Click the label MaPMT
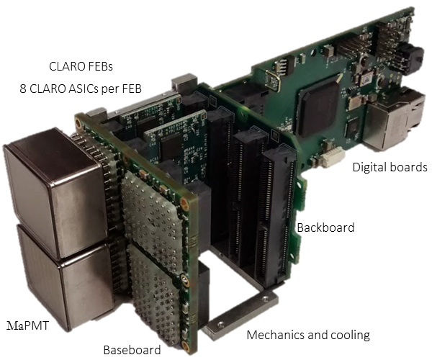pyautogui.click(x=27, y=325)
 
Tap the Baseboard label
pyautogui.click(x=132, y=350)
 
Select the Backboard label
pyautogui.click(x=325, y=228)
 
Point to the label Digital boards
pyautogui.click(x=390, y=167)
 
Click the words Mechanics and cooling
pyautogui.click(x=308, y=336)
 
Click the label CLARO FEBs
pyautogui.click(x=81, y=67)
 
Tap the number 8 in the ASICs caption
pyautogui.click(x=23, y=89)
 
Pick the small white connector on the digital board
pyautogui.click(x=333, y=157)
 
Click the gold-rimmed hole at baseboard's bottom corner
pyautogui.click(x=185, y=345)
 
